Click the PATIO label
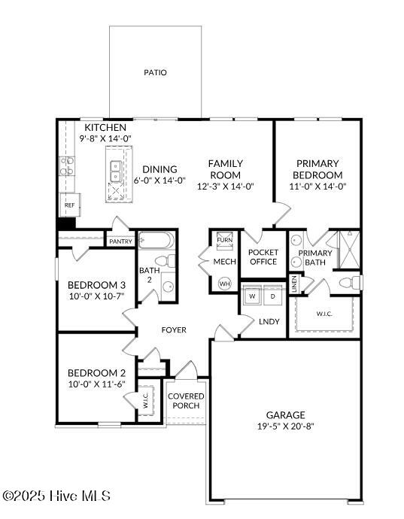pos(155,73)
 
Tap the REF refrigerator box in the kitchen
pos(69,205)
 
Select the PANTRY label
pos(120,241)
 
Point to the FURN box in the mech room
pos(224,239)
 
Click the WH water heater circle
pos(224,284)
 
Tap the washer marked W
pos(252,295)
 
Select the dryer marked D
pos(272,295)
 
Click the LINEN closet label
pos(294,284)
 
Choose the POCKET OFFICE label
pos(263,257)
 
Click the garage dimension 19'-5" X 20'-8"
pos(285,426)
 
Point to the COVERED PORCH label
pos(186,401)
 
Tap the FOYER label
pos(174,330)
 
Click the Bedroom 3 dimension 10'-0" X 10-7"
pos(96,297)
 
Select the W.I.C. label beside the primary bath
pos(325,314)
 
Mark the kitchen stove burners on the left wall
pos(66,165)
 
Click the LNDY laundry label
pos(269,322)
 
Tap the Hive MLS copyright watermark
pos(56,496)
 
